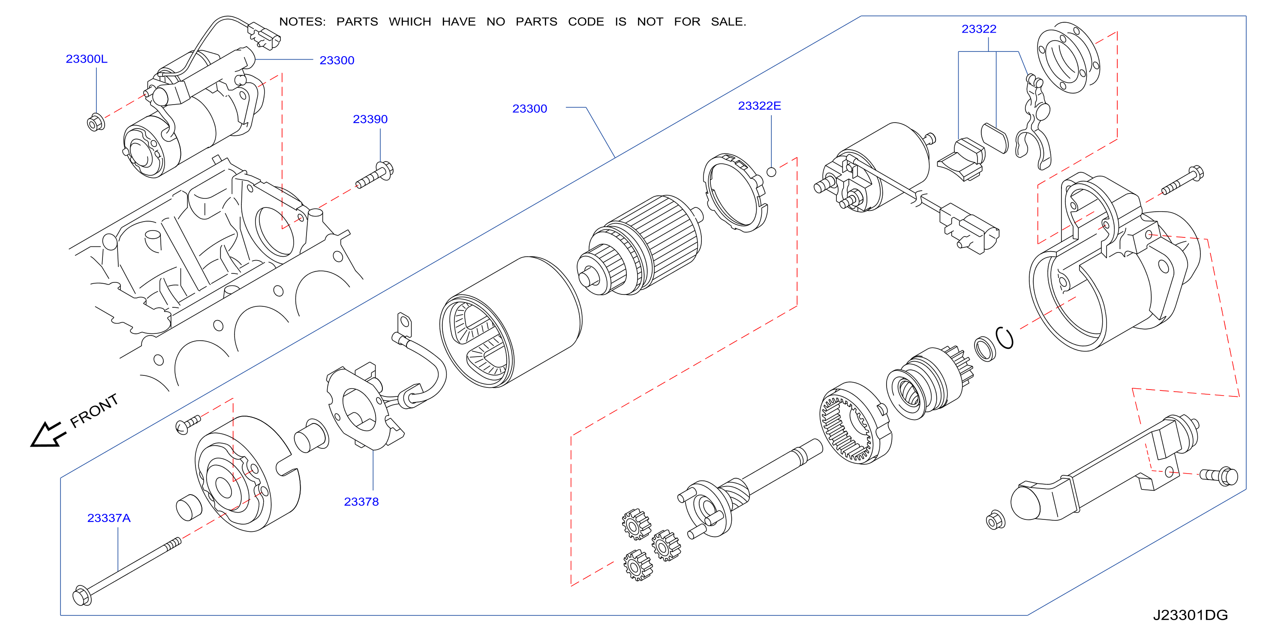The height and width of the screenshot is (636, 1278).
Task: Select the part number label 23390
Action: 370,119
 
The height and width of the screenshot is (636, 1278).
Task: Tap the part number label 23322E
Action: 759,106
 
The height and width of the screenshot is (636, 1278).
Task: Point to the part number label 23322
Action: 979,29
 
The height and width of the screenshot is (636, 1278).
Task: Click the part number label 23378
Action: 361,501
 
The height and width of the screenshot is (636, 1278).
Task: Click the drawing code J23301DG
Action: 1190,615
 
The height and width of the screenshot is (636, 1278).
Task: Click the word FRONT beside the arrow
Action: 94,411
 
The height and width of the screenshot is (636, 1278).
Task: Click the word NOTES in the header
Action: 302,22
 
